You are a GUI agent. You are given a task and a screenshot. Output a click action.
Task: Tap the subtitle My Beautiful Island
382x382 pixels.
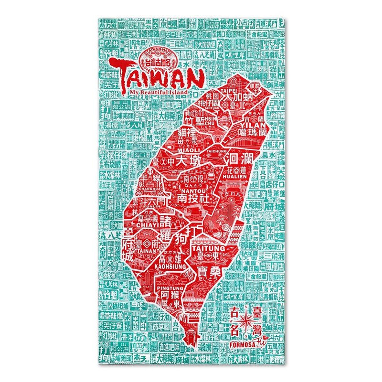[165, 92]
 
